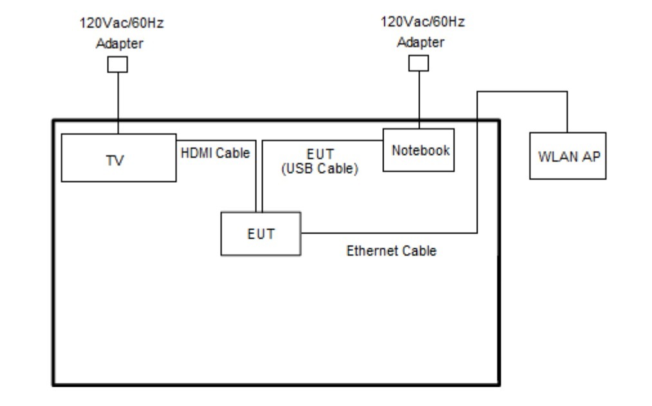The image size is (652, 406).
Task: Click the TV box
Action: tap(118, 158)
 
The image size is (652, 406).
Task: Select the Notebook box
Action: tap(418, 150)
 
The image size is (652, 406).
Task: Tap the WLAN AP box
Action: tap(567, 155)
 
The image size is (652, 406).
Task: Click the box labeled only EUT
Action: tap(261, 234)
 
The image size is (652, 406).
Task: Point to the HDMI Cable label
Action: tap(216, 153)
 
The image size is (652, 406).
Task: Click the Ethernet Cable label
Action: tap(391, 251)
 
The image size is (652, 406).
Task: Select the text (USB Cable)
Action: tap(320, 170)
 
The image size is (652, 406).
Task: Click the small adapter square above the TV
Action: tap(117, 64)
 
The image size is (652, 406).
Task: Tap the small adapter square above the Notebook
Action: tap(419, 63)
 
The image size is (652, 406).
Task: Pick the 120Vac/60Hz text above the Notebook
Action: tap(423, 22)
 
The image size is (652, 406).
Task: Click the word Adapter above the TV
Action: tap(120, 44)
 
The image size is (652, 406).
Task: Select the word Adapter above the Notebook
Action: tap(420, 42)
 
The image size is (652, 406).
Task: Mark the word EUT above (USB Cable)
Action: tap(321, 155)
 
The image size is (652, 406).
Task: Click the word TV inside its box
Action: tap(115, 161)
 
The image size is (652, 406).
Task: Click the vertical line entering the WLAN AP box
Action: tap(567, 113)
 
